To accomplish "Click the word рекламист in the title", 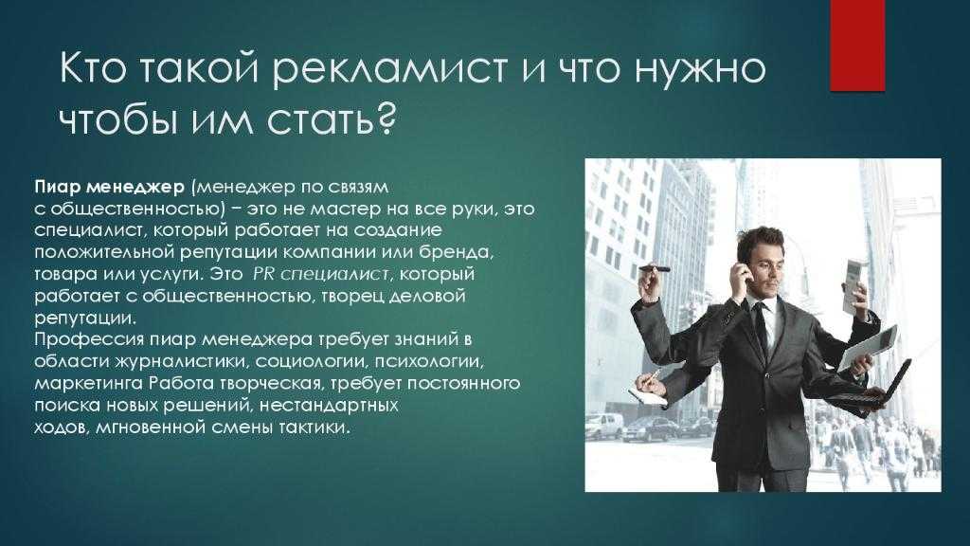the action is (x=389, y=68).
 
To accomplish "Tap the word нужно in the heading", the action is (x=700, y=68).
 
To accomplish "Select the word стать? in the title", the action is (x=332, y=118).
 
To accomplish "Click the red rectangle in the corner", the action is (x=856, y=45).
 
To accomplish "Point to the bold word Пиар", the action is (x=58, y=187).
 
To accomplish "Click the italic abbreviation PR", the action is (x=263, y=274).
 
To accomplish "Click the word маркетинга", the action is (x=89, y=384).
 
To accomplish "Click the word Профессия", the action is (x=90, y=340).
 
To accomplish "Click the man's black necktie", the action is (x=761, y=325).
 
